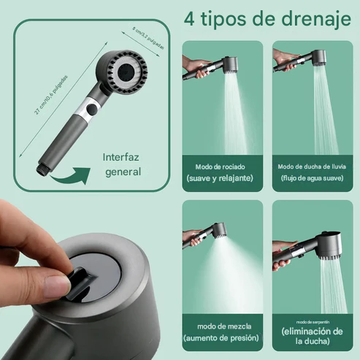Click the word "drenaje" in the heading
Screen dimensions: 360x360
[309, 18]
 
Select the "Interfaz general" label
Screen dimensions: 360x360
[122, 164]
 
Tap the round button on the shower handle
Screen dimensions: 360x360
[91, 112]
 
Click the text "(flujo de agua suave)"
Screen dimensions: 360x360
[312, 178]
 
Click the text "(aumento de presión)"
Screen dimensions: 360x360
[221, 337]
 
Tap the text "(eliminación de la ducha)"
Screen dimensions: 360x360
[312, 336]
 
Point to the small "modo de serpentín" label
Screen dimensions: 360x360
[312, 321]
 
